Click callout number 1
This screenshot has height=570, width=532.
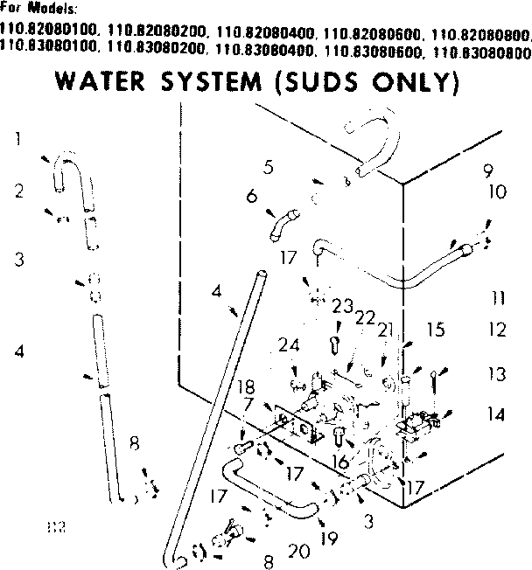coord(17,138)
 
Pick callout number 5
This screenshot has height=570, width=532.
coord(269,165)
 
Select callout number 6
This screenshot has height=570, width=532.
coord(251,197)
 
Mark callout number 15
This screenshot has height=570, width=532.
coord(436,330)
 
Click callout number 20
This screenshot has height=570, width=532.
coord(297,551)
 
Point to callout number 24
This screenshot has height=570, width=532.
coord(289,345)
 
